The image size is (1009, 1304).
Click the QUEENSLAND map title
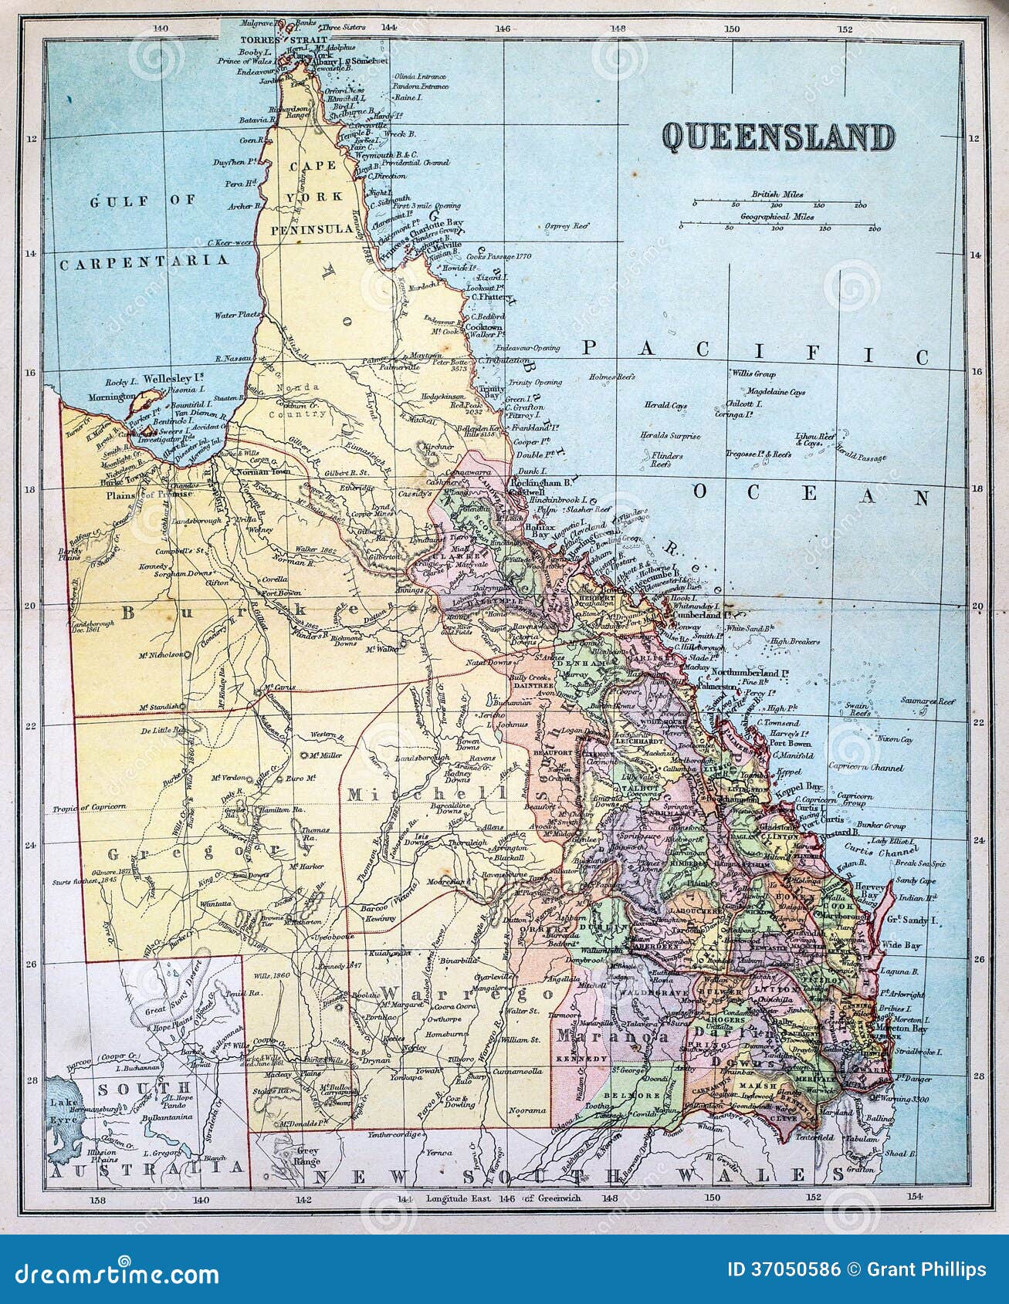778,138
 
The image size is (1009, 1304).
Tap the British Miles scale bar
778,204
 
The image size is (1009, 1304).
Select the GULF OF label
144,201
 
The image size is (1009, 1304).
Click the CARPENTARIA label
145,262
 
